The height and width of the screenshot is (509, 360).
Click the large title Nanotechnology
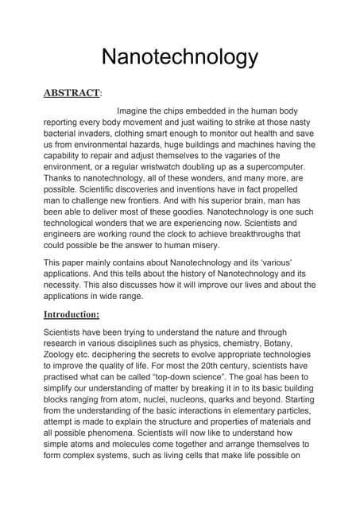[180, 57]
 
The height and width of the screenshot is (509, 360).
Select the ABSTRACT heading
[71, 93]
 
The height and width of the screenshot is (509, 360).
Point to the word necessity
[65, 285]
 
